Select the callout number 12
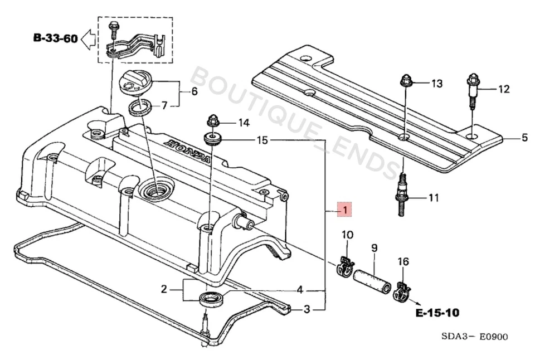[x=503, y=89]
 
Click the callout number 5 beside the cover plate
[x=524, y=138]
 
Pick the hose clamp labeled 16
[x=402, y=290]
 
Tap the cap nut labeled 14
[x=212, y=120]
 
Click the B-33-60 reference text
[x=54, y=38]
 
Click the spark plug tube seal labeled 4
[x=211, y=296]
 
